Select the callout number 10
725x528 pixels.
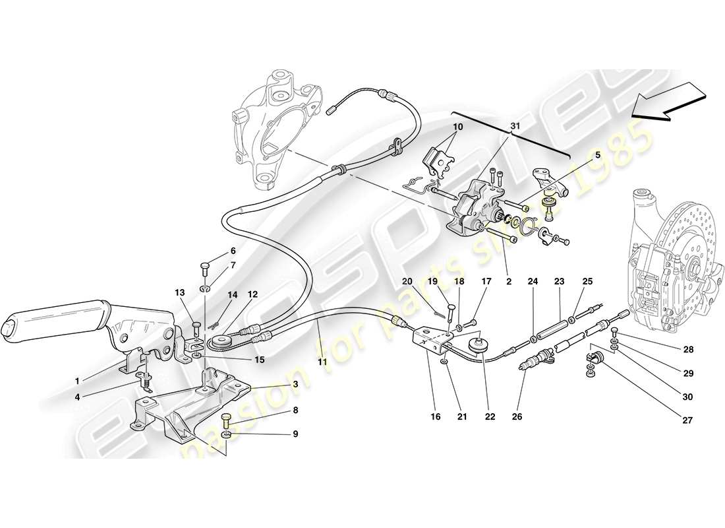point(457,127)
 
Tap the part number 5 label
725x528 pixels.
point(597,156)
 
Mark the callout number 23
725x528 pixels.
point(560,282)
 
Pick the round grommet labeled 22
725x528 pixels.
point(475,345)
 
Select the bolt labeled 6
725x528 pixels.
point(204,267)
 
